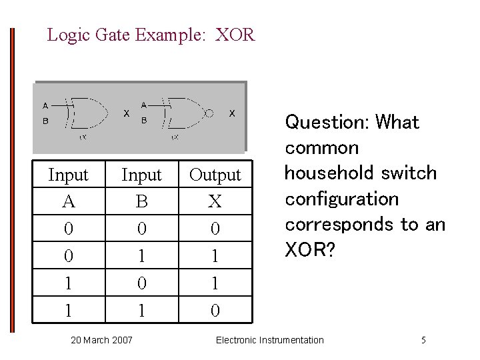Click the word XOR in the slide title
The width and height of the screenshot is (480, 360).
click(x=235, y=35)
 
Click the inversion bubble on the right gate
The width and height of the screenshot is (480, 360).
click(x=209, y=113)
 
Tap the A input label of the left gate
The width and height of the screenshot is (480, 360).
click(x=45, y=105)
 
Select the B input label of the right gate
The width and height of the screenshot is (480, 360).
click(x=144, y=121)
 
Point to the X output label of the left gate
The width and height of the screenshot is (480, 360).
click(x=126, y=113)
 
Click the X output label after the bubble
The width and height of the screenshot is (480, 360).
click(x=231, y=113)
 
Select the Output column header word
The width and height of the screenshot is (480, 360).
click(x=215, y=175)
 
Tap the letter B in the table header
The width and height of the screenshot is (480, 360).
click(x=141, y=201)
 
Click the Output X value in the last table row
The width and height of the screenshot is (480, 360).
click(x=215, y=310)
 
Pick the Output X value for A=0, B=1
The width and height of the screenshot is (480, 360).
click(x=215, y=255)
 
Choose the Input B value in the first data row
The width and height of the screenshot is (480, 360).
click(x=141, y=228)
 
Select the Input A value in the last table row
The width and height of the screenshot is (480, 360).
click(x=68, y=310)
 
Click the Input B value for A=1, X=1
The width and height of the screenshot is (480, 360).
click(x=141, y=283)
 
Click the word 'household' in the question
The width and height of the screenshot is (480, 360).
click(x=327, y=173)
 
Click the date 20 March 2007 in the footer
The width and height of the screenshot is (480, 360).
click(x=101, y=341)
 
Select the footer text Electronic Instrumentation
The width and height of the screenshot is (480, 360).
click(x=270, y=341)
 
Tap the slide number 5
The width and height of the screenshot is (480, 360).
click(x=423, y=341)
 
